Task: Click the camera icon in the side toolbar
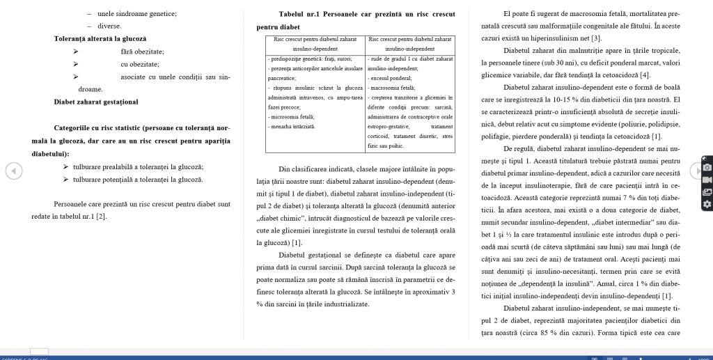coord(707,169)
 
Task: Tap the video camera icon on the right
coord(707,180)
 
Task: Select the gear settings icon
coord(707,204)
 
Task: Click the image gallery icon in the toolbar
coord(707,192)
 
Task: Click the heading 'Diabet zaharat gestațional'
coord(96,102)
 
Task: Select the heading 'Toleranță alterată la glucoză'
coord(100,38)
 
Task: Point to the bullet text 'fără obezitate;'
coord(142,52)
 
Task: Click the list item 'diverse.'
coord(109,26)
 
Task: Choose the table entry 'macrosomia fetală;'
coord(391,88)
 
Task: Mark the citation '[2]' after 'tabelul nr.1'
coord(101,217)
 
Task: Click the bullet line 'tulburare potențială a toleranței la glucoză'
coord(138,180)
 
